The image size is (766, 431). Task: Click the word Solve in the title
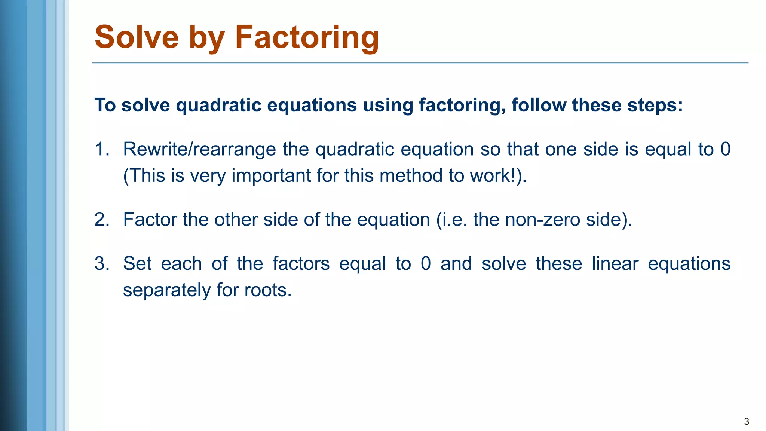(x=137, y=37)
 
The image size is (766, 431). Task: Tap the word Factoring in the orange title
(x=307, y=38)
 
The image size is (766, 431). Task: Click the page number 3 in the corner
(x=747, y=421)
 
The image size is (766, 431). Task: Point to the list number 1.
(x=101, y=149)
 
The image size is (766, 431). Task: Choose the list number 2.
(x=101, y=220)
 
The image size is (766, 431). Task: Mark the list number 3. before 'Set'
(x=101, y=264)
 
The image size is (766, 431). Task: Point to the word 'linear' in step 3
(x=615, y=264)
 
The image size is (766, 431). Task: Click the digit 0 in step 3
(x=426, y=264)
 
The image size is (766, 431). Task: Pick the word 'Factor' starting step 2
(x=150, y=220)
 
